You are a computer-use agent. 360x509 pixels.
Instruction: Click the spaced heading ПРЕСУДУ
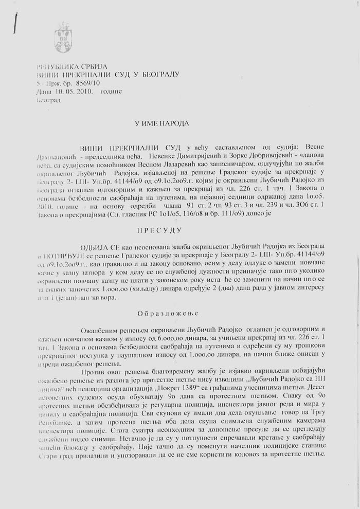164,231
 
